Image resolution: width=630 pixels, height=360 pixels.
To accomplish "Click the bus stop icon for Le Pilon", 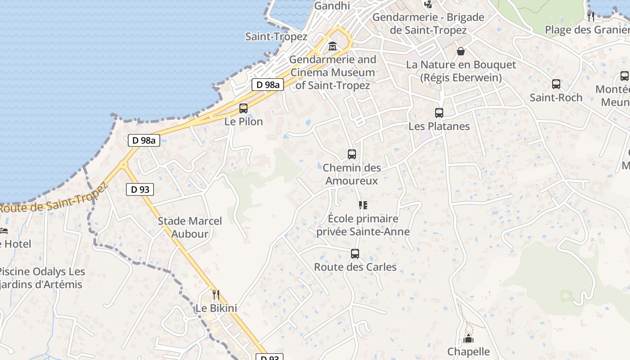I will [243, 108].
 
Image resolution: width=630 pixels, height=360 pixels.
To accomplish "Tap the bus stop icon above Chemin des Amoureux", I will [352, 154].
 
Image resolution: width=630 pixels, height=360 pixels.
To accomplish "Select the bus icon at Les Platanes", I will [439, 113].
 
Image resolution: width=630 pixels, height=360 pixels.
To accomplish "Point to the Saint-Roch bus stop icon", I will [556, 84].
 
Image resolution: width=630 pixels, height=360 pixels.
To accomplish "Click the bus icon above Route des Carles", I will [355, 254].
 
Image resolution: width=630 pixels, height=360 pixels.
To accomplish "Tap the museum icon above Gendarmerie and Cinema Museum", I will [333, 46].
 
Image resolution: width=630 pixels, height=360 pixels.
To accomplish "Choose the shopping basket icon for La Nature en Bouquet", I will [461, 51].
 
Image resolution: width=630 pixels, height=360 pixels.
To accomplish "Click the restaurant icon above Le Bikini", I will [216, 295].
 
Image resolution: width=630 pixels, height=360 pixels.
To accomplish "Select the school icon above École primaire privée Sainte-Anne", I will [363, 206].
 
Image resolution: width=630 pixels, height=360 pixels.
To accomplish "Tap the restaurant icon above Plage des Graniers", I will [591, 17].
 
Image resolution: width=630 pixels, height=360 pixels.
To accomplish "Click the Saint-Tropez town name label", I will [276, 37].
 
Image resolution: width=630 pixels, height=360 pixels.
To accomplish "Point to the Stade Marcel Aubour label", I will [190, 227].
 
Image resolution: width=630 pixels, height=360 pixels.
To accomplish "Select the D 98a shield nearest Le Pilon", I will [267, 85].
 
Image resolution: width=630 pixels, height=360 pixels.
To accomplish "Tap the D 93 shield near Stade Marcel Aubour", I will [140, 189].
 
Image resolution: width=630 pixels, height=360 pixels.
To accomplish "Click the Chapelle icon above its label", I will [468, 338].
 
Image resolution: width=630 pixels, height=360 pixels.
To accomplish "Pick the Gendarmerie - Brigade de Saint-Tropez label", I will [428, 24].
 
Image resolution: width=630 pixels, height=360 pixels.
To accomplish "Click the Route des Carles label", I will [355, 267].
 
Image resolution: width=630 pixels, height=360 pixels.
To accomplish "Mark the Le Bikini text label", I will [216, 308].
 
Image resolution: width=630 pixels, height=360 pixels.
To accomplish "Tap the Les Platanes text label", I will [439, 126].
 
